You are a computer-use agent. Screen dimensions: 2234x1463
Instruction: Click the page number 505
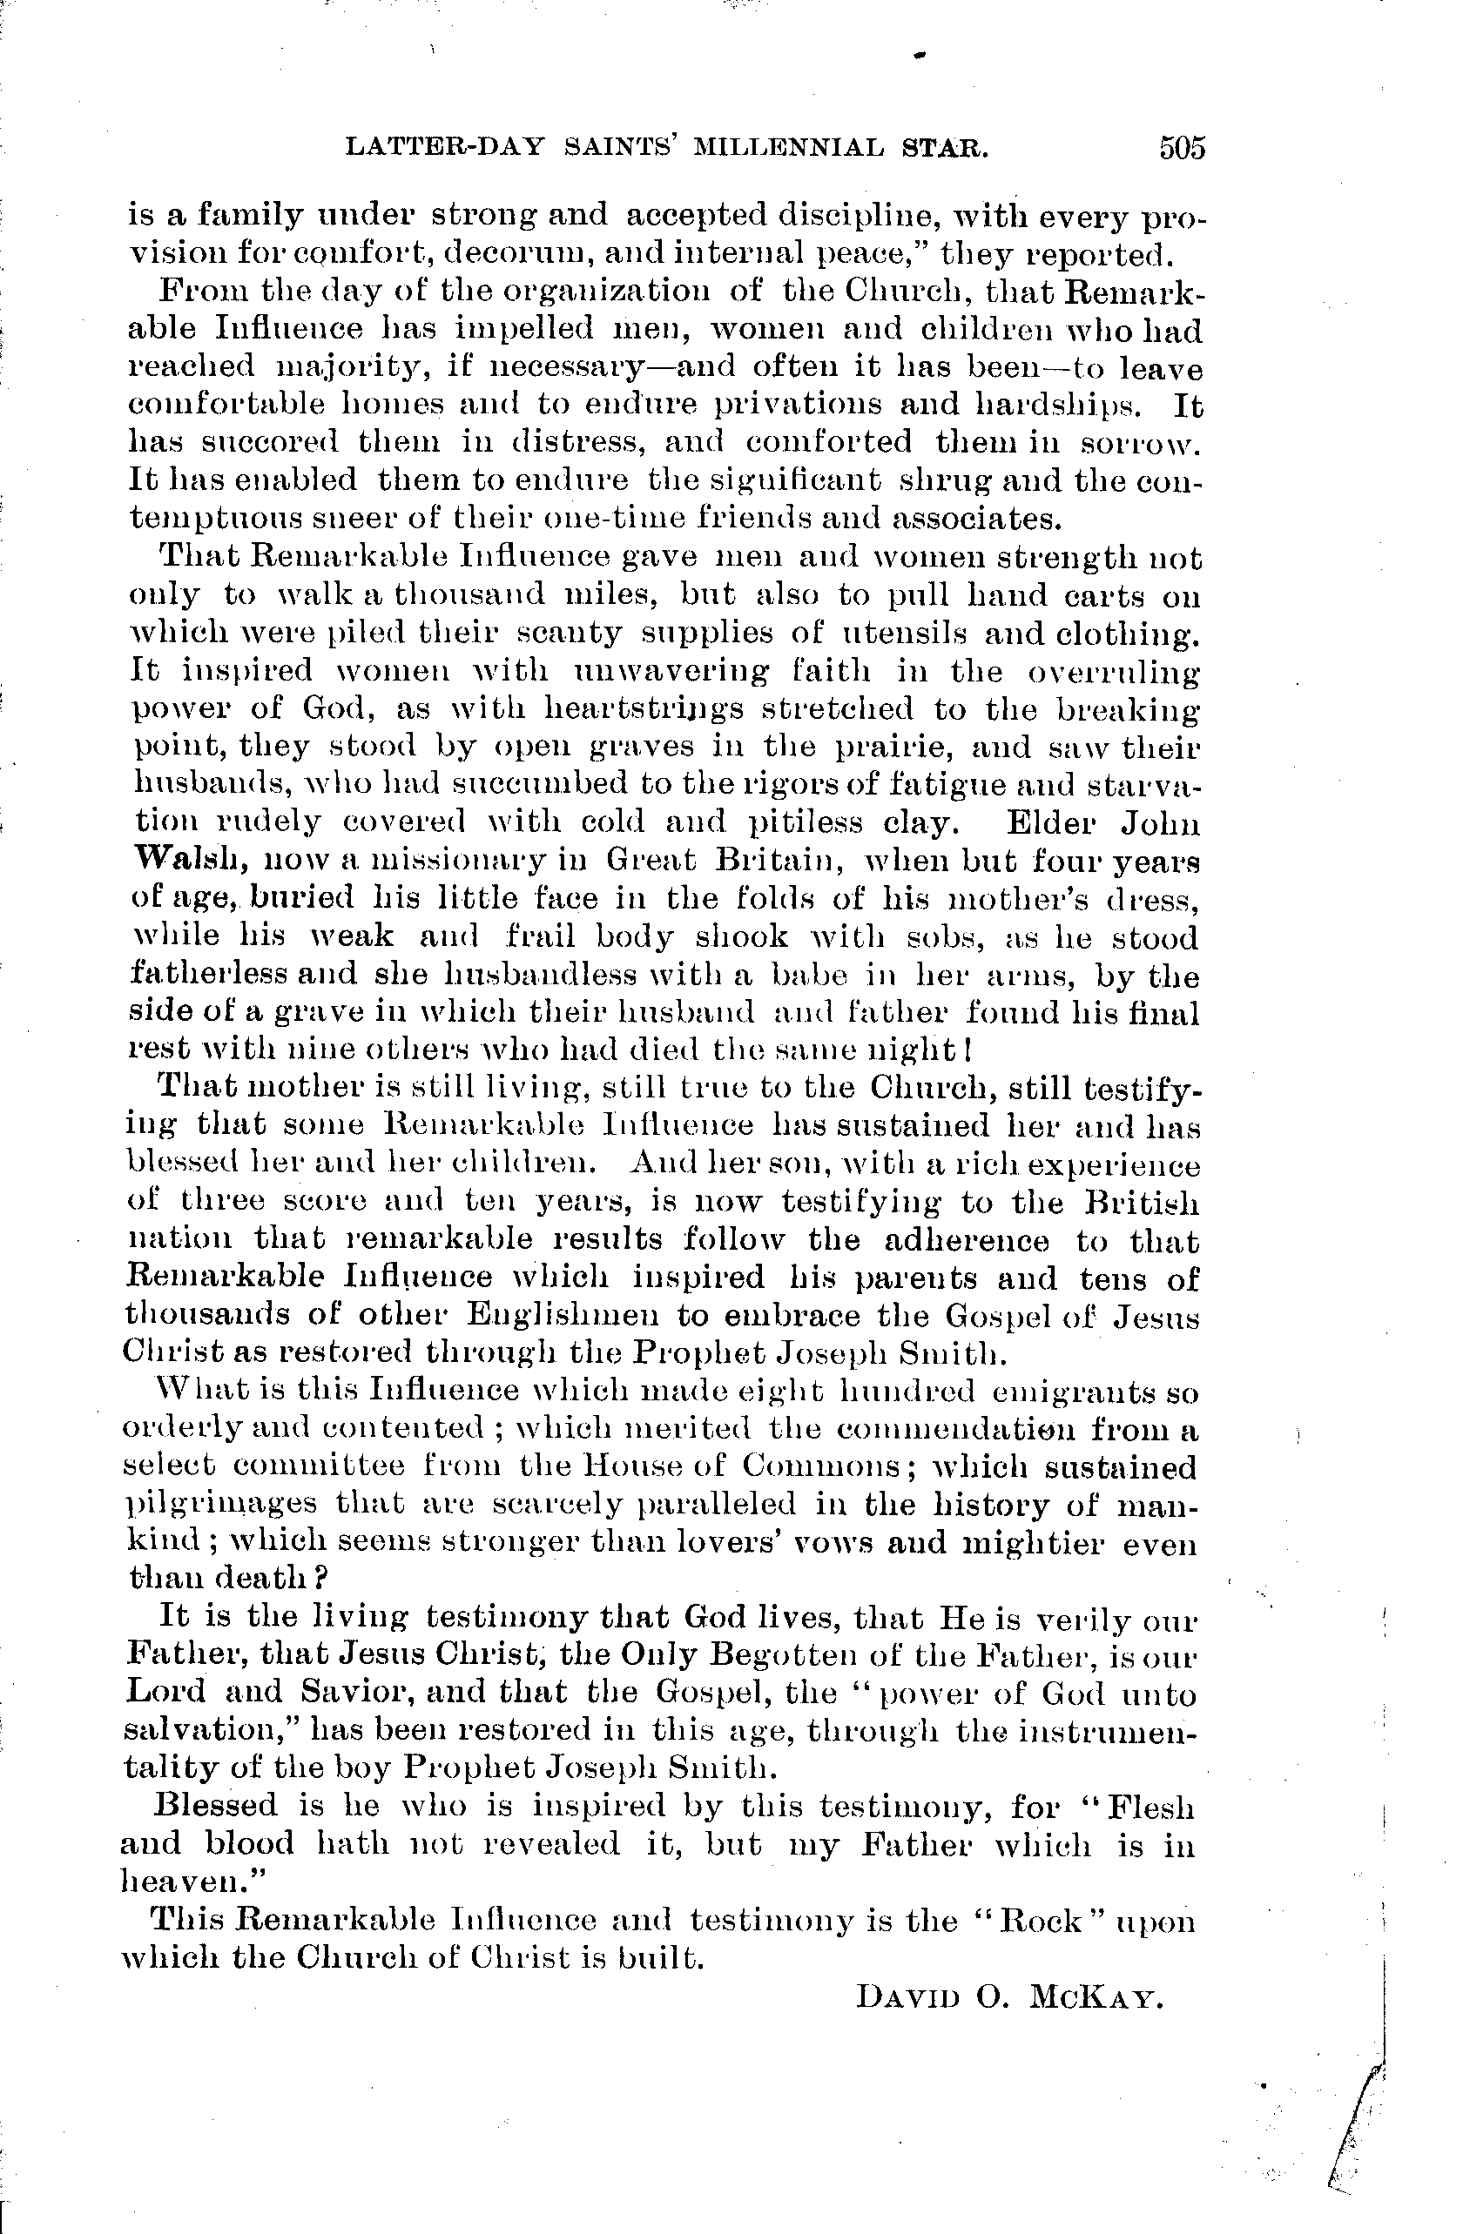coord(1182,148)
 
